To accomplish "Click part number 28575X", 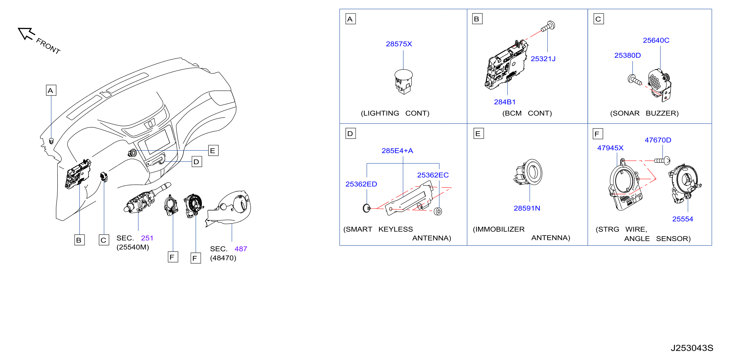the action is coord(399,44).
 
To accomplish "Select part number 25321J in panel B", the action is coord(543,59).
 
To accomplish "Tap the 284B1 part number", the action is coord(505,102).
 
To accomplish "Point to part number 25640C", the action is coord(656,40).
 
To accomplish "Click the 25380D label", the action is coord(627,55).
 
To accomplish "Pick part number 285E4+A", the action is coord(397,151).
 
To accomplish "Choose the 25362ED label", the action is coord(361,184).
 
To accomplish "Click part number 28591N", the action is coord(527,208).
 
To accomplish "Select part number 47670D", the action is coord(658,140).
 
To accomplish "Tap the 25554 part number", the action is coord(683,219).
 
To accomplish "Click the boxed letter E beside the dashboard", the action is coord(213,151).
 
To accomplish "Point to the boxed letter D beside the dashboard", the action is coord(197,162).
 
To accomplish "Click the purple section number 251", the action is coord(147,238).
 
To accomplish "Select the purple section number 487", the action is coord(241,249).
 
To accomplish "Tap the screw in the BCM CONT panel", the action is coord(548,26).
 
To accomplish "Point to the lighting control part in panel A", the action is coord(403,82).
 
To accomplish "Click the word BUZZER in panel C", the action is coord(662,113).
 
